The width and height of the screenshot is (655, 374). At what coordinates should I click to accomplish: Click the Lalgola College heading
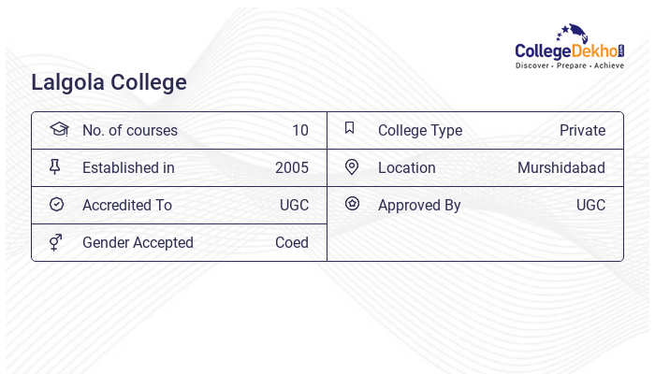click(x=109, y=82)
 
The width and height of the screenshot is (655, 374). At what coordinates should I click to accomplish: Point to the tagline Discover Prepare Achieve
click(x=570, y=66)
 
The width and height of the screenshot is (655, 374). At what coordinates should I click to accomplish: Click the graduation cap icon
click(x=59, y=129)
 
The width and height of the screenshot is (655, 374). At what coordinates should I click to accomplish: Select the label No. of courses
click(x=129, y=130)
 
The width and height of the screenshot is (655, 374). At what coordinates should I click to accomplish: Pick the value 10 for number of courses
click(x=299, y=130)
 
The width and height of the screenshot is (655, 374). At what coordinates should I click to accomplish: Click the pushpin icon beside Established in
click(x=55, y=166)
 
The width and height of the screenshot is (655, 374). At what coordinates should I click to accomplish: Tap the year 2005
click(x=291, y=167)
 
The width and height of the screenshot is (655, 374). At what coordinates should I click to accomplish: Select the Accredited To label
click(x=127, y=205)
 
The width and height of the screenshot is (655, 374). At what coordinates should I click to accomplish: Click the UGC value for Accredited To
click(x=294, y=205)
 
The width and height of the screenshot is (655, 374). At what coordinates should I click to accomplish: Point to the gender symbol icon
click(x=56, y=242)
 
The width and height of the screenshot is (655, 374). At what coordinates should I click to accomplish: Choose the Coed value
click(x=291, y=242)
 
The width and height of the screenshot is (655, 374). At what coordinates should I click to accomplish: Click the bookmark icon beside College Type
click(x=350, y=128)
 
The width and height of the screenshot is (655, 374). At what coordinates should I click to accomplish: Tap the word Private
click(x=582, y=130)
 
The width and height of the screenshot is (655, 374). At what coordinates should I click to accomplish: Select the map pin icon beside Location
click(x=352, y=166)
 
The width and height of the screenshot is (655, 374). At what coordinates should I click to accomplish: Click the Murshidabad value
click(x=560, y=167)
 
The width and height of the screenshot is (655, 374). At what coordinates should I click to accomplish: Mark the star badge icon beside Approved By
click(x=352, y=203)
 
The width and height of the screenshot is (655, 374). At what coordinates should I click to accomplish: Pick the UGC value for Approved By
click(x=590, y=205)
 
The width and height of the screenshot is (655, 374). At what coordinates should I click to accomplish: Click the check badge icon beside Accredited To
click(x=56, y=204)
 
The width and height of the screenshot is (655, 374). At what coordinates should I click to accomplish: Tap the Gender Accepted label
click(x=138, y=242)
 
